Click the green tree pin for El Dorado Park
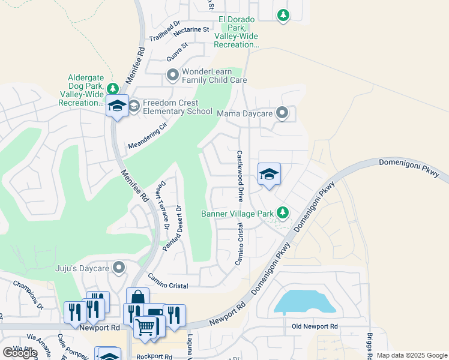[x=283, y=15]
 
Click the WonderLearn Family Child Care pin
[x=172, y=75]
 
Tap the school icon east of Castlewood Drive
[x=269, y=175]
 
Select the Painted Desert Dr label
[x=173, y=228]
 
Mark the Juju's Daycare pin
[x=119, y=268]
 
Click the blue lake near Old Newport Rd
[x=303, y=302]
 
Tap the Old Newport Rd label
[x=315, y=326]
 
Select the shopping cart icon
[x=145, y=327]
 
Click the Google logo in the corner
[x=20, y=353]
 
